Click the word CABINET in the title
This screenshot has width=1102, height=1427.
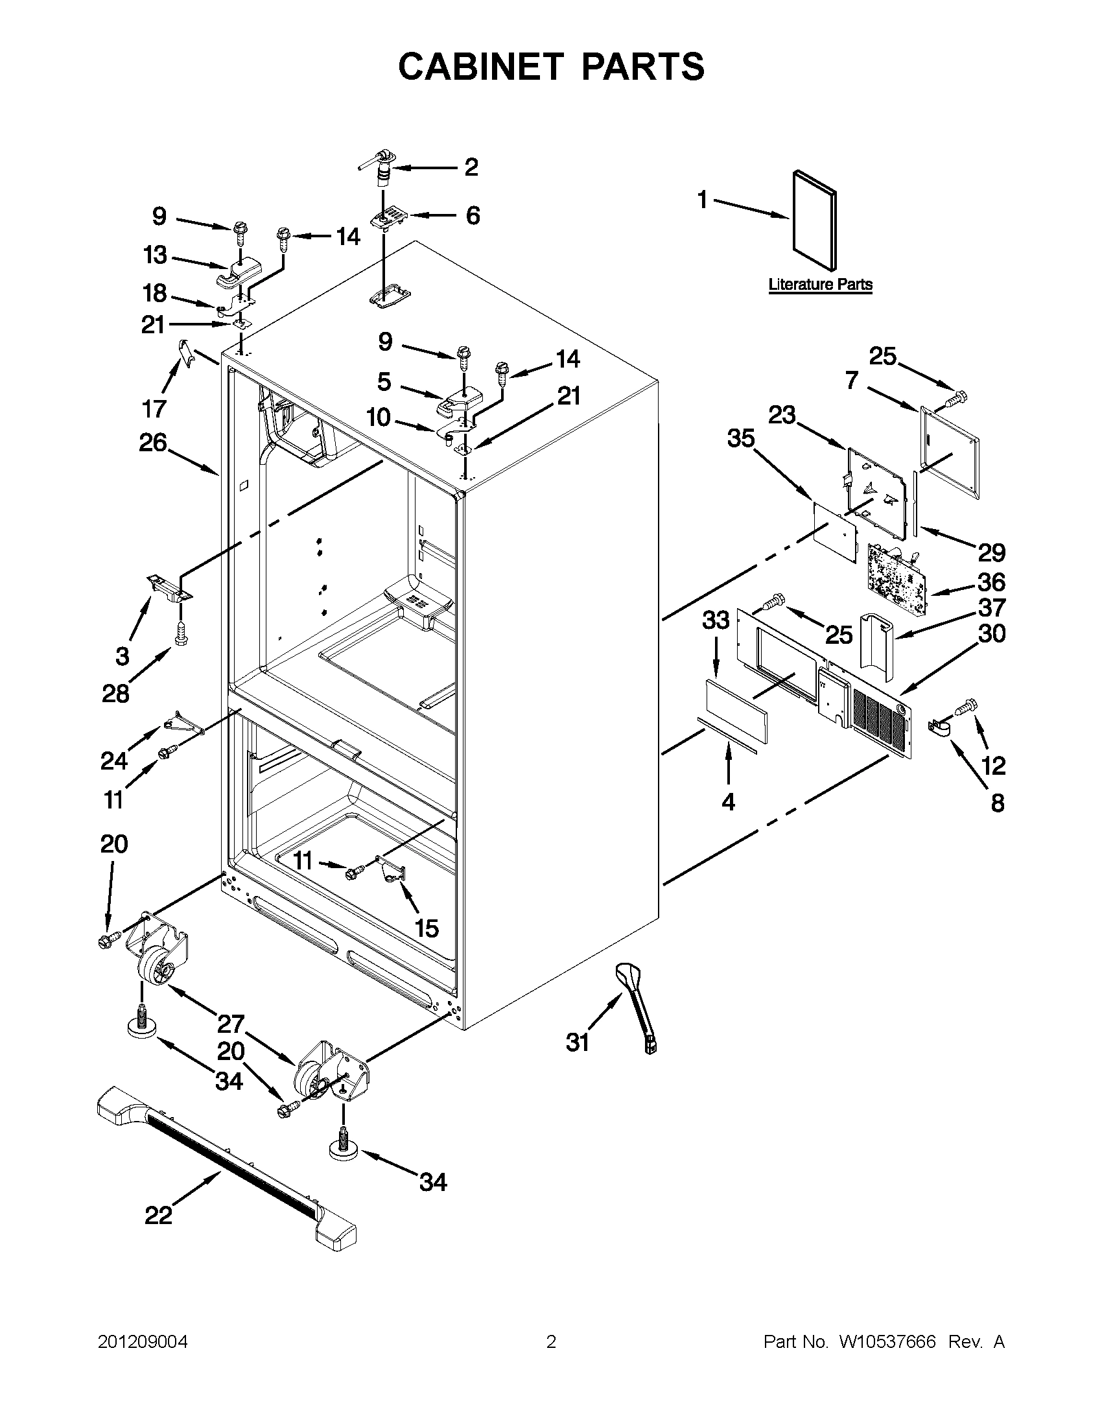coord(480,67)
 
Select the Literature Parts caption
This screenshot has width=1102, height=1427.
coord(820,284)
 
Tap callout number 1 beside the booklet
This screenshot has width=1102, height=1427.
coord(702,200)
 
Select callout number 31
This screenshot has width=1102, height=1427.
coord(578,1042)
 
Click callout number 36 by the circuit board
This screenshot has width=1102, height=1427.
coord(991,582)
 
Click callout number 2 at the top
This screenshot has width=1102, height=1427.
coord(471,167)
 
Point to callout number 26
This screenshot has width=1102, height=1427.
coord(153,443)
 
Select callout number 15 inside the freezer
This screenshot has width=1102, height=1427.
coord(427,928)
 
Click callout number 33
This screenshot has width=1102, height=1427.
coord(715,619)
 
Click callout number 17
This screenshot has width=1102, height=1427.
coord(154,409)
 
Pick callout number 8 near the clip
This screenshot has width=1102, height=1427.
coord(998,803)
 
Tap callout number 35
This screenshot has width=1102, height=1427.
coord(741,439)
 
